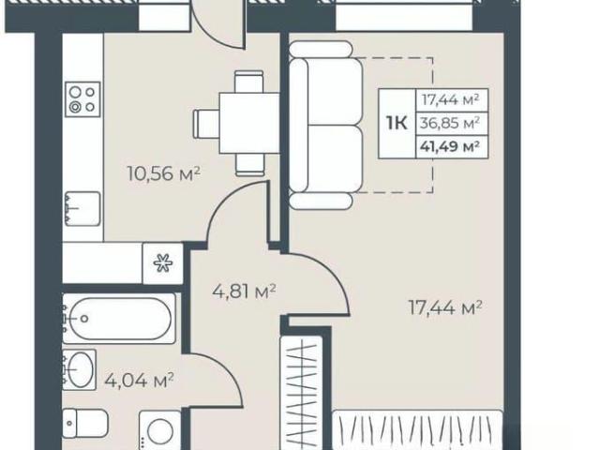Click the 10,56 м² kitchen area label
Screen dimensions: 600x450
[x=163, y=174]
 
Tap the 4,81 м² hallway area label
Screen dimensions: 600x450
[x=244, y=292]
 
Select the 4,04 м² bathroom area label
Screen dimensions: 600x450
[x=140, y=381]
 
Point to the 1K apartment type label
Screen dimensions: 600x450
[x=397, y=123]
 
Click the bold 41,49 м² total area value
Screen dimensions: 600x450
[x=450, y=146]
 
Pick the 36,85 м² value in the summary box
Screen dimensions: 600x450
[x=450, y=123]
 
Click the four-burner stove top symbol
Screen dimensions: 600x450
[x=82, y=99]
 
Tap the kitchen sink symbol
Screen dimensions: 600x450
[x=82, y=208]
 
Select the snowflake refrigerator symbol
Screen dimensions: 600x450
[x=163, y=263]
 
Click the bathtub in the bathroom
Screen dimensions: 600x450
[x=119, y=319]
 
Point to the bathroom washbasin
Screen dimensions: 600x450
[x=79, y=369]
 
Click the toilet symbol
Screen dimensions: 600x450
[x=85, y=423]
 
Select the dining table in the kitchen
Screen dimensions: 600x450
[x=249, y=123]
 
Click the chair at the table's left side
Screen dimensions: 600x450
[x=206, y=124]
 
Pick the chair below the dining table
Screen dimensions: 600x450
[x=250, y=165]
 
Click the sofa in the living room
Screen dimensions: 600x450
[x=325, y=125]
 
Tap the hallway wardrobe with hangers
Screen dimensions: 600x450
[x=302, y=393]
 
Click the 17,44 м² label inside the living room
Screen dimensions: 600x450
[x=445, y=307]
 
